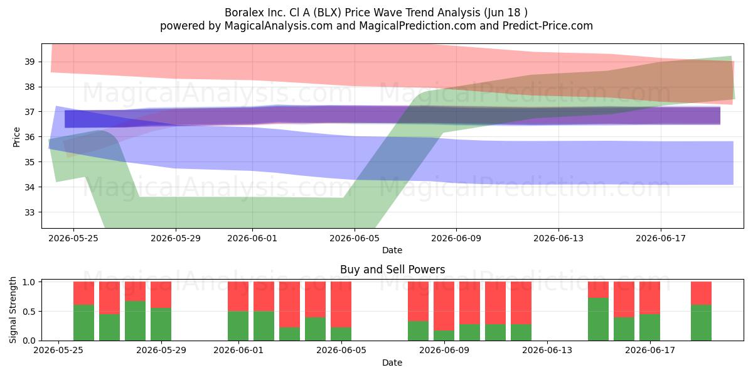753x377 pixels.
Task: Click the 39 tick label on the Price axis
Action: click(x=29, y=62)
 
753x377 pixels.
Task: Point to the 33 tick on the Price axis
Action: click(x=29, y=212)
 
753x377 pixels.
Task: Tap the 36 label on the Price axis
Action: click(x=29, y=137)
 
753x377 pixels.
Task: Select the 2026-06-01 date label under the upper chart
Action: click(x=252, y=238)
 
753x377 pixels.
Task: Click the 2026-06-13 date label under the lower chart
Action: click(x=547, y=350)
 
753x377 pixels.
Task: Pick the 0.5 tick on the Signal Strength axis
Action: click(x=29, y=312)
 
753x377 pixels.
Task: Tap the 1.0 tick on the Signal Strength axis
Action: click(x=29, y=282)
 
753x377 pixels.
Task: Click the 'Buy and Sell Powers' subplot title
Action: click(x=392, y=270)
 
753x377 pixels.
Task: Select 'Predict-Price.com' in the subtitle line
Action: click(x=548, y=26)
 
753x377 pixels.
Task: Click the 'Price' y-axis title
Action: click(x=16, y=137)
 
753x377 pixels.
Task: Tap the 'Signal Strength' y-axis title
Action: click(x=13, y=310)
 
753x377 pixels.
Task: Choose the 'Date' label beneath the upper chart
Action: click(x=392, y=250)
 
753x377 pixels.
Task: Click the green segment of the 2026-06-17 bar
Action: click(x=649, y=327)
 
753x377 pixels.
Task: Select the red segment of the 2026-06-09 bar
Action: click(x=444, y=307)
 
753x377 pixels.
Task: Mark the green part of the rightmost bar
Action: click(x=702, y=323)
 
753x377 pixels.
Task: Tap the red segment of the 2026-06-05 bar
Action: click(x=341, y=305)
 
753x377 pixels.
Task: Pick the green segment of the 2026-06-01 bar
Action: click(x=238, y=326)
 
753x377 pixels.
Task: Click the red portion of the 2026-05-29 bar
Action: click(x=161, y=295)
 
